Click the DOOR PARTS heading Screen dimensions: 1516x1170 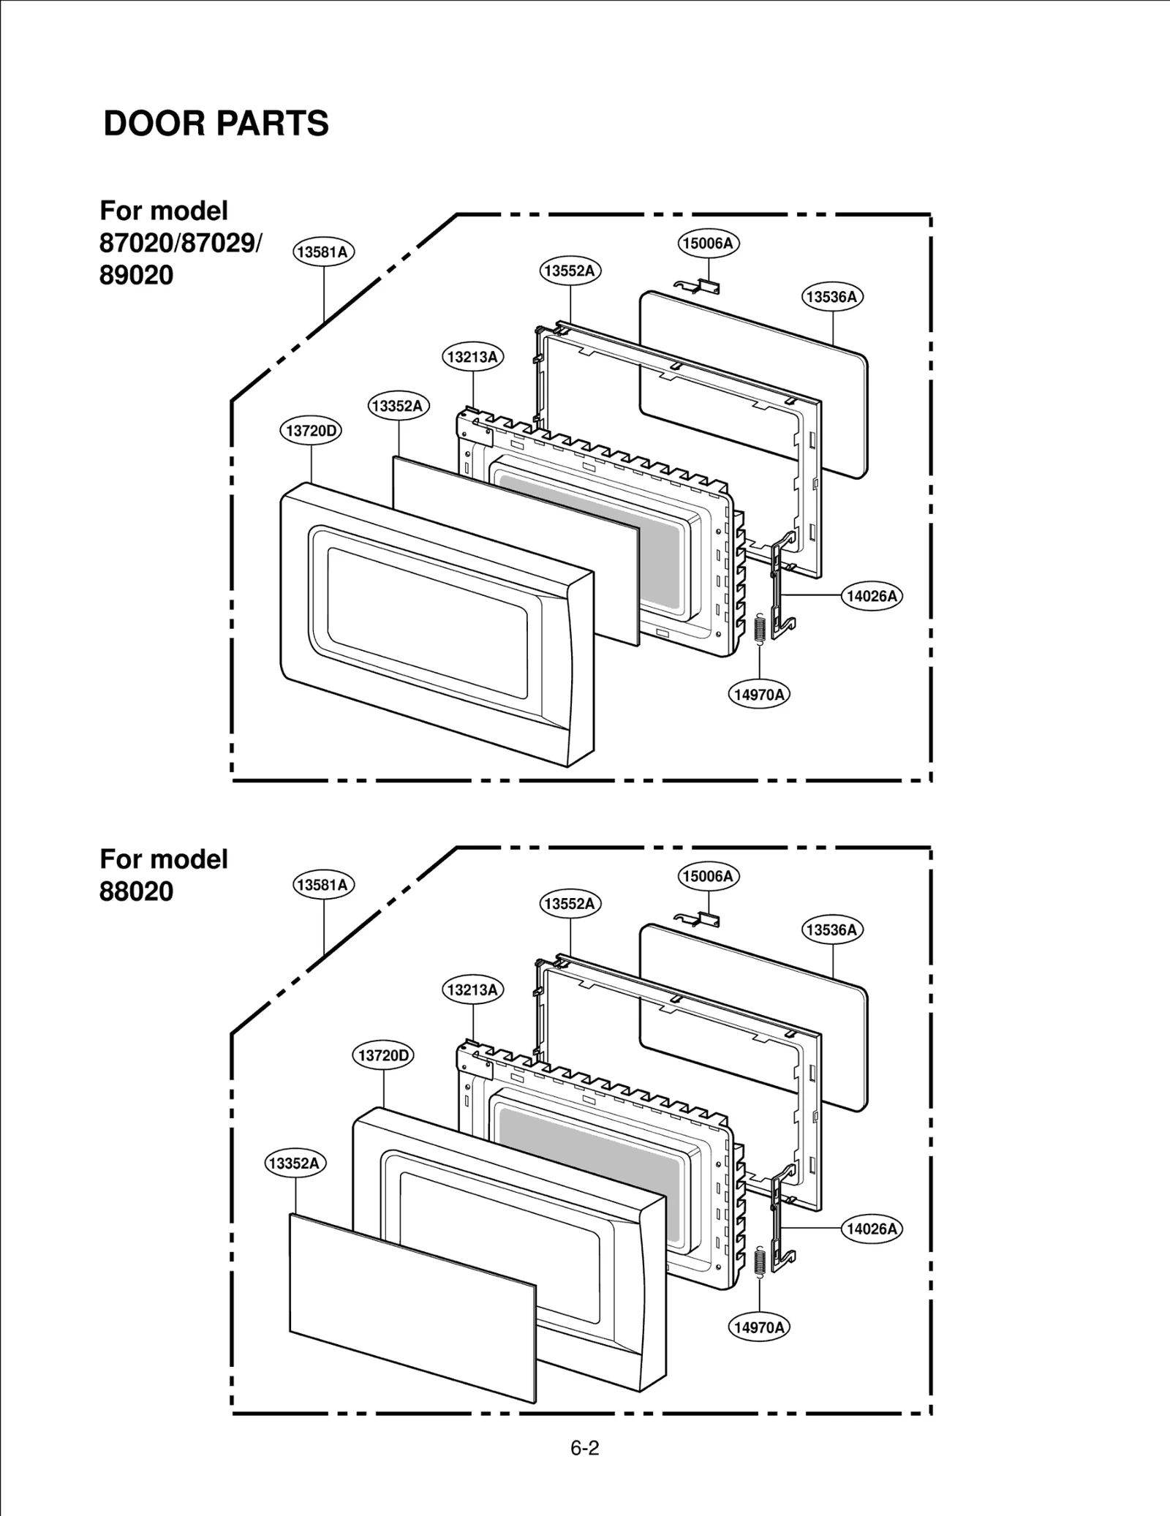216,123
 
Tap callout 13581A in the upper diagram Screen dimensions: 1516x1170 324,252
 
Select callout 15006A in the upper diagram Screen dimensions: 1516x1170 708,243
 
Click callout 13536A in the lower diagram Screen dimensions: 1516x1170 832,929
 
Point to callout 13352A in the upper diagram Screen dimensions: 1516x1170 398,406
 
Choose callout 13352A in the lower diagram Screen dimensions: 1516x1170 295,1163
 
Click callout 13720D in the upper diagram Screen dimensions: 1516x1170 311,430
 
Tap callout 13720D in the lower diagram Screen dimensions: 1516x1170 383,1055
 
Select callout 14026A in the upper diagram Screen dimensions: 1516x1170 872,596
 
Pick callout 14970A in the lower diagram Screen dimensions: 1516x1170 760,1327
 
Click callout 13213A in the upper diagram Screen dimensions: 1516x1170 473,357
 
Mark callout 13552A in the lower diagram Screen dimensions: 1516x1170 570,903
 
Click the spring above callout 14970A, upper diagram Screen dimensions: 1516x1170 759,629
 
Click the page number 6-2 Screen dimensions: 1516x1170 585,1448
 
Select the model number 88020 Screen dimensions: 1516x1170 137,891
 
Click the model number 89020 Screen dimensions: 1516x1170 137,275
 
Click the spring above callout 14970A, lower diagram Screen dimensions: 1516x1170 759,1262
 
